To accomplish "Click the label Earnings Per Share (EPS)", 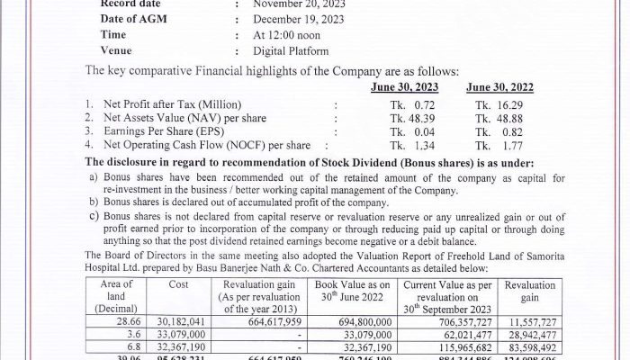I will click(x=174, y=130).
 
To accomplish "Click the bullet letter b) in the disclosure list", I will click(x=93, y=203).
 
